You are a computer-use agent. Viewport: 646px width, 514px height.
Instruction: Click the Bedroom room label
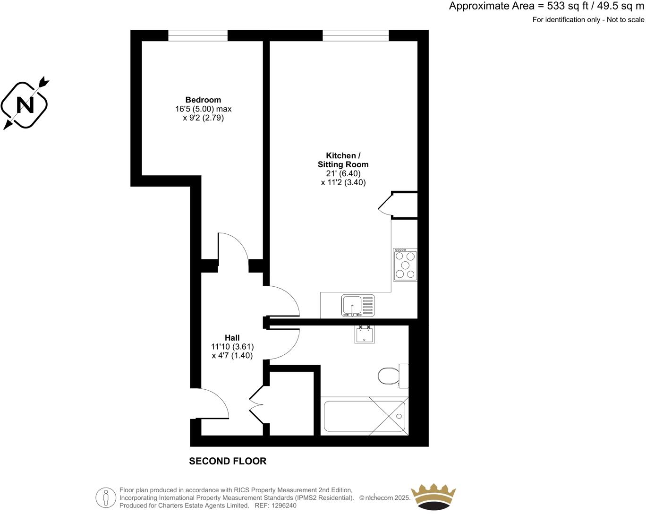pos(203,100)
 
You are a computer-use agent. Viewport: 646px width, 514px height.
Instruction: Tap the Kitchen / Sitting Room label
pos(343,160)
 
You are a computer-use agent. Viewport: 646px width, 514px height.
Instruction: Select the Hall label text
pos(232,338)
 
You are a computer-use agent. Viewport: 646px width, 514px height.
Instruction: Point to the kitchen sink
pos(358,305)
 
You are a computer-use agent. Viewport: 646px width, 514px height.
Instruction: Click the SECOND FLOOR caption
pos(228,461)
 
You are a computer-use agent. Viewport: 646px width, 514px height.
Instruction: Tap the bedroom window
pos(197,35)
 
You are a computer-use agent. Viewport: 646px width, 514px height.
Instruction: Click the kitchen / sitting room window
pos(356,35)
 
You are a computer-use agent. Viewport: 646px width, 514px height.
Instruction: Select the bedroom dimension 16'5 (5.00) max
pos(203,109)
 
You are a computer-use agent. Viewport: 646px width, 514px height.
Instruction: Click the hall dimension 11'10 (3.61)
pos(232,346)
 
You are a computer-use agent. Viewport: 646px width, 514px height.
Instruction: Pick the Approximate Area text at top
pos(546,6)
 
